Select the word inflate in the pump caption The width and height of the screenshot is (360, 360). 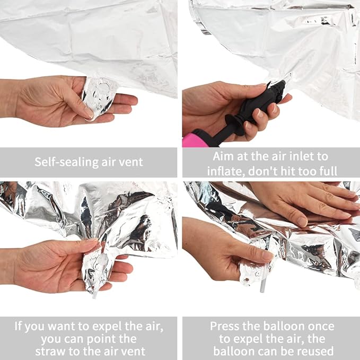tap(226, 171)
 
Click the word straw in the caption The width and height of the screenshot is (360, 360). tap(51, 352)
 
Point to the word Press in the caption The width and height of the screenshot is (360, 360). tap(224, 326)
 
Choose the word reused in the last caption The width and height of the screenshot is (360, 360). tap(317, 352)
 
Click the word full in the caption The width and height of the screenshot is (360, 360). tap(328, 171)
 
